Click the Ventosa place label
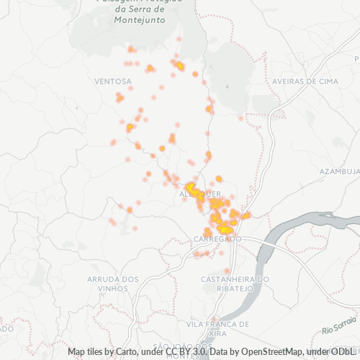112,81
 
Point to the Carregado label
217,238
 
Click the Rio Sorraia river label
340,330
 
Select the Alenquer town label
193,194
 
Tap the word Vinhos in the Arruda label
112,289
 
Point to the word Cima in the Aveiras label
327,81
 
